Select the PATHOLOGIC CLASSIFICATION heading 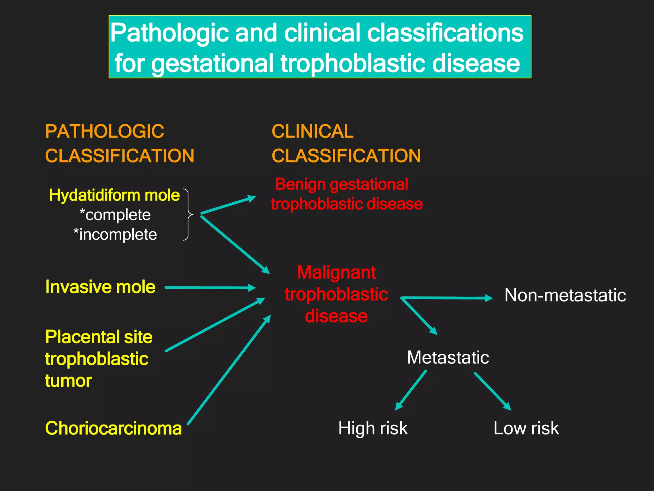point(119,144)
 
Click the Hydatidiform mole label point(114,195)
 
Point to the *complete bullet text point(115,215)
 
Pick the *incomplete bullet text point(115,235)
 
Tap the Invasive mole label point(100,287)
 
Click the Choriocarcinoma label point(113,428)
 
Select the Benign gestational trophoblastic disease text point(346,194)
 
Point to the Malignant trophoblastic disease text point(336,294)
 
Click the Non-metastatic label point(565,295)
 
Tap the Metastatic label point(448,357)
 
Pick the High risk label point(373,428)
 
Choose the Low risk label point(526,428)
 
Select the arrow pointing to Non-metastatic point(447,298)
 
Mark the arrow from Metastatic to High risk point(411,390)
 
